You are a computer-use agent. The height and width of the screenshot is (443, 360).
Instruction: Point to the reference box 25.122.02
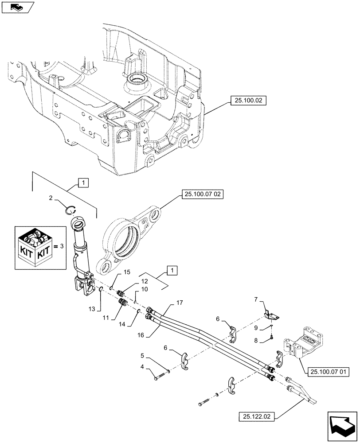pos(257,416)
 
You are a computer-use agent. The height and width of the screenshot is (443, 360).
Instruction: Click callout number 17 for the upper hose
pos(180,303)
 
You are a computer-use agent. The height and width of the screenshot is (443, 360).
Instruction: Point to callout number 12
pos(145,281)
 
